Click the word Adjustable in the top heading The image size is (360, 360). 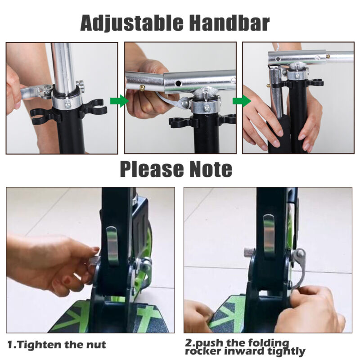(x=132, y=23)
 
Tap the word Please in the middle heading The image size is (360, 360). (x=152, y=170)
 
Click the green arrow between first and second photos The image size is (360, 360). (x=119, y=101)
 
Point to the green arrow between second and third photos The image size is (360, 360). (x=242, y=101)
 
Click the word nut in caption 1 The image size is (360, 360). (x=96, y=345)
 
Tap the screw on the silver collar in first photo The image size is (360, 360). (x=68, y=105)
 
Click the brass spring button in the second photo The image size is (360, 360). (x=142, y=87)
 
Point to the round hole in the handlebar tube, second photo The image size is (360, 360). (x=177, y=83)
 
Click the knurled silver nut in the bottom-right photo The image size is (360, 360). (x=248, y=252)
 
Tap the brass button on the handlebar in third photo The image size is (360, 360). (x=328, y=56)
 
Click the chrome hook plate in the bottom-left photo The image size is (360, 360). (x=112, y=246)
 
